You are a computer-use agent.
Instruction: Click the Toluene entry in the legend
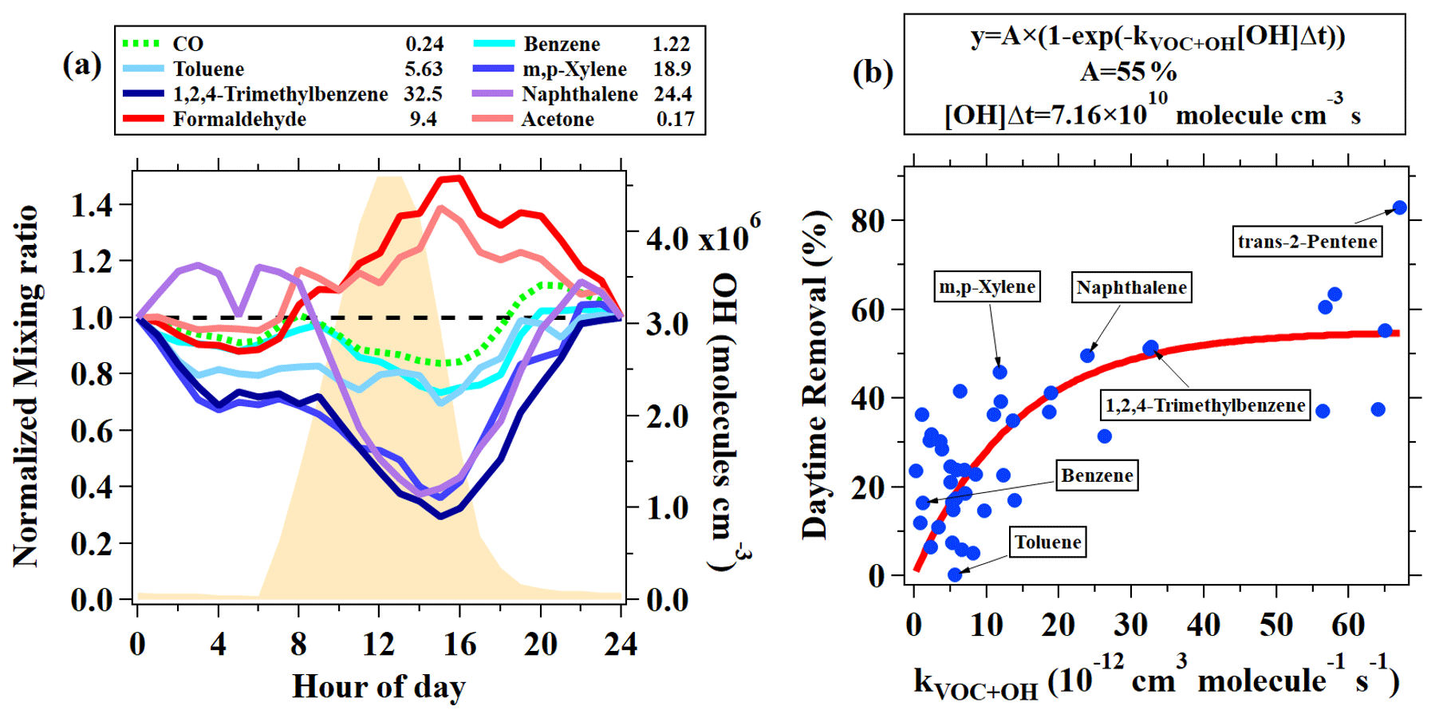coord(208,69)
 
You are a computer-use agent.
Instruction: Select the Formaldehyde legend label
coord(239,120)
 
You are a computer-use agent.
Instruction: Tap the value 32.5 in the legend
coord(423,94)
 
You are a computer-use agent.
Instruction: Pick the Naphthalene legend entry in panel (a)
coord(579,94)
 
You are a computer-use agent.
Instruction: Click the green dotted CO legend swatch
coord(144,44)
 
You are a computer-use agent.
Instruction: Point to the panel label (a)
coord(82,65)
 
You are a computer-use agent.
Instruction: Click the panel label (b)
coord(873,73)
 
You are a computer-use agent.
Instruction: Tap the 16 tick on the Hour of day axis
coord(459,644)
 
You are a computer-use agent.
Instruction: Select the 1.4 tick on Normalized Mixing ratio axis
coord(91,206)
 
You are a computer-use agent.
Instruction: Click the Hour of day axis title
coord(379,687)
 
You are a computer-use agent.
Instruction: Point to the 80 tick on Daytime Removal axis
coord(868,221)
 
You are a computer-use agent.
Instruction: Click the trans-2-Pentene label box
coord(1307,242)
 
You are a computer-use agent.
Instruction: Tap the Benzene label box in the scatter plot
coord(1097,475)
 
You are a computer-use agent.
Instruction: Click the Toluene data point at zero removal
coord(955,574)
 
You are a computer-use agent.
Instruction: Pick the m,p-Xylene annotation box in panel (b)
coord(987,287)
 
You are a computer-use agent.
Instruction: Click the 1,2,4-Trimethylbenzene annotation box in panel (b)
coord(1204,405)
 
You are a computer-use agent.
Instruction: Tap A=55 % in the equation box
coord(1128,73)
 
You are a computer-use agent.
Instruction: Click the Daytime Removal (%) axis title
coord(815,375)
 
